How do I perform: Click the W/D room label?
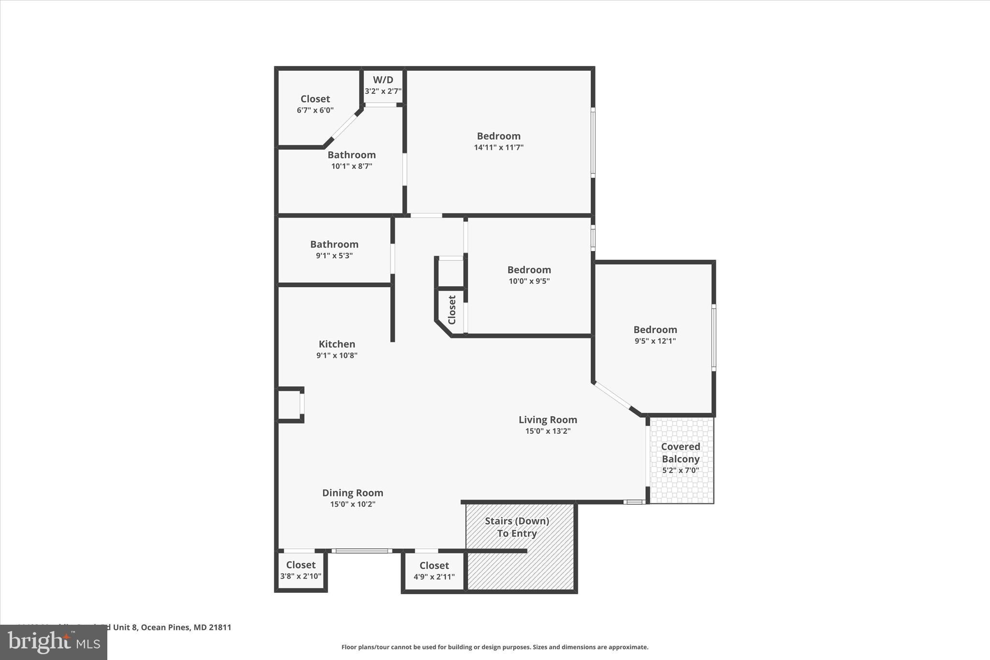[x=383, y=80]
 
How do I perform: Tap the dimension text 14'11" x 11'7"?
[x=498, y=147]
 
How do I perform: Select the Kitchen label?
[x=337, y=344]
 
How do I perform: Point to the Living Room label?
[x=548, y=420]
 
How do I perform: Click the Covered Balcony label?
[x=680, y=453]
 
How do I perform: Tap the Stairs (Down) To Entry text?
[x=517, y=527]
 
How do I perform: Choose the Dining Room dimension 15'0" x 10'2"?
[x=352, y=504]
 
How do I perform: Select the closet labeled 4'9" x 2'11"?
[x=434, y=571]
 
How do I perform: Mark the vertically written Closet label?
[x=452, y=310]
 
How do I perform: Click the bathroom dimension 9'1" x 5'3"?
[x=334, y=256]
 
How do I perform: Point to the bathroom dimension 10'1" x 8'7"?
[x=351, y=166]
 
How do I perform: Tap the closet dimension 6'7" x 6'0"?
[x=315, y=110]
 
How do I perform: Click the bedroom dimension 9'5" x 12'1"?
[x=655, y=341]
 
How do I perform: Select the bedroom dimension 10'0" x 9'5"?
[x=529, y=281]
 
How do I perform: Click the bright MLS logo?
[x=53, y=643]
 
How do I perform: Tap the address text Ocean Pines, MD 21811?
[x=186, y=628]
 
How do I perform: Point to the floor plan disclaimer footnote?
[x=495, y=647]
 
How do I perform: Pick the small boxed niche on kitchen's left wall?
[x=289, y=404]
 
